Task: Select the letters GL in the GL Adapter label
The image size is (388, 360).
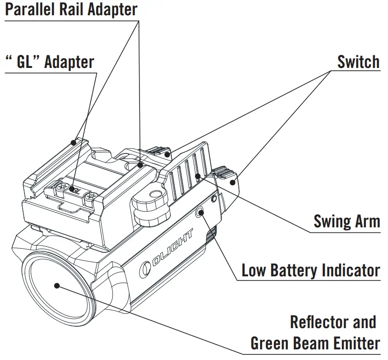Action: [x=26, y=62]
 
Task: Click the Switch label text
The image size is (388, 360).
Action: [x=358, y=61]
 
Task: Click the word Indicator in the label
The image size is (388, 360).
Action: [x=352, y=270]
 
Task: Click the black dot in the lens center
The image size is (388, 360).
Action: [x=57, y=286]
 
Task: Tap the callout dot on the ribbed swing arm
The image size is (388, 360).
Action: [x=197, y=176]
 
